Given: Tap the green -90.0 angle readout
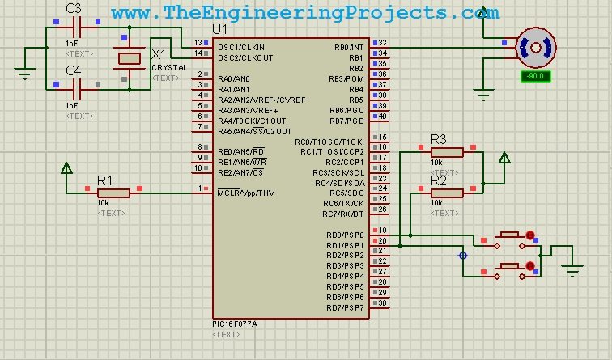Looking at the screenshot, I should coord(535,76).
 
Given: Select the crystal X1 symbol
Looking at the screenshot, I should coord(130,57).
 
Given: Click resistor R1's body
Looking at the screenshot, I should coord(113,193).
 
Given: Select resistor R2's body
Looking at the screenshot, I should coord(446,193).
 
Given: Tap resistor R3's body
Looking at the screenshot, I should coord(446,151).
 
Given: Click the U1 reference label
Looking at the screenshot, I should coord(219,30).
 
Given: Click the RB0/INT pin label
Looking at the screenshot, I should coord(348,47).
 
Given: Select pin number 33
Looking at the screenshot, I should coord(382,43).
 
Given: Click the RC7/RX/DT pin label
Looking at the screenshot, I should coord(343,214).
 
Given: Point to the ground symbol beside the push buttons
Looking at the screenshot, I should coord(572,271).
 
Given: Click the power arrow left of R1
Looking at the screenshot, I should coord(66,169).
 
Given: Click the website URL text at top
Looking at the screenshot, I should coord(305,12).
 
